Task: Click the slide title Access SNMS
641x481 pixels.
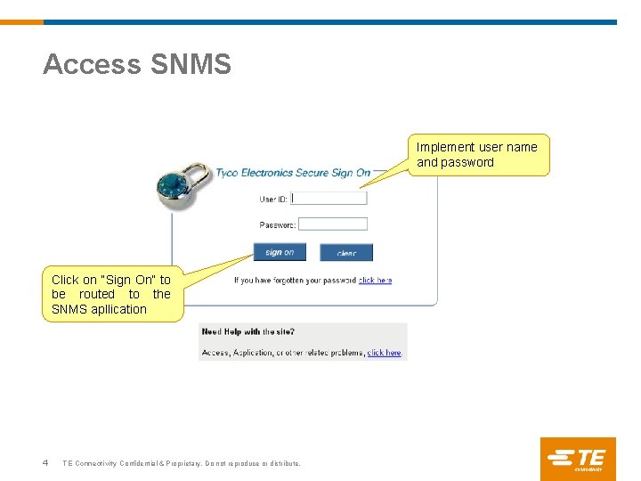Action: (137, 64)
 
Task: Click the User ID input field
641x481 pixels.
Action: (329, 199)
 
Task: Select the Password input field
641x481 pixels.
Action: (333, 224)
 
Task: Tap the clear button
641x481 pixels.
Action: (346, 253)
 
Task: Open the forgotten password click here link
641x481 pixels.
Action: (375, 281)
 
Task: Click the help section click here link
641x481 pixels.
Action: (385, 353)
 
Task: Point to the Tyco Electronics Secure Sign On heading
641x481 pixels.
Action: (293, 173)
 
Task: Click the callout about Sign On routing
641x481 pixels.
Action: (112, 294)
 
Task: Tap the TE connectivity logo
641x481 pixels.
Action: (577, 459)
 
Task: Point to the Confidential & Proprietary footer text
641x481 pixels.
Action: (182, 464)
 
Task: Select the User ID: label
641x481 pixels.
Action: (273, 200)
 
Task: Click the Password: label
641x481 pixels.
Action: (277, 225)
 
